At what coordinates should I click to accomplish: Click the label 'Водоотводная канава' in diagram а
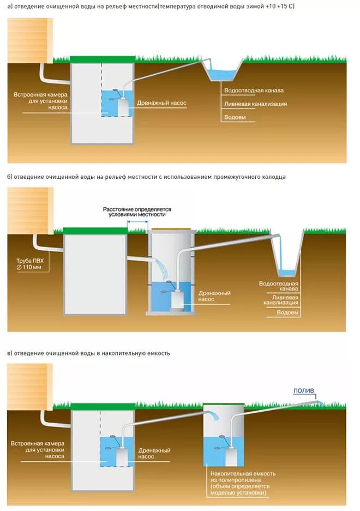coord(254,91)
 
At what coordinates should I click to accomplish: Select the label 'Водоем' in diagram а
coord(235,117)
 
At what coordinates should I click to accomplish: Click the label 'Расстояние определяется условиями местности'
coord(137,212)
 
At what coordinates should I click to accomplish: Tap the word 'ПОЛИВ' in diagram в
coord(304,390)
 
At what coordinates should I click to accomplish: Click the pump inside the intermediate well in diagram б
coord(178,300)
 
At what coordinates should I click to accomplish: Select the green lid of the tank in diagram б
coord(95,230)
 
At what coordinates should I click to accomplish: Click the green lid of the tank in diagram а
coord(103,59)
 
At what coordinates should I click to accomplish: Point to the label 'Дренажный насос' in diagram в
coord(155,454)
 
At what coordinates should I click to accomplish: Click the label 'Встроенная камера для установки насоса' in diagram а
coord(41,101)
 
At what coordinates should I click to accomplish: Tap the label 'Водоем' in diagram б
coord(287,312)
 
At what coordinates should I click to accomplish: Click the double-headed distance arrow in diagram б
coord(137,222)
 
